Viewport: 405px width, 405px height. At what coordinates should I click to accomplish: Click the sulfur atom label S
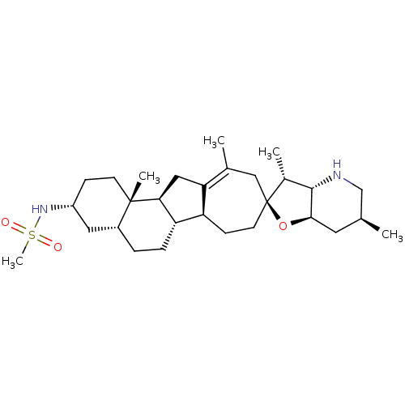click(x=32, y=235)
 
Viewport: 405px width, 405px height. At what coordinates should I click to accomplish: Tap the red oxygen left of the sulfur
click(x=6, y=223)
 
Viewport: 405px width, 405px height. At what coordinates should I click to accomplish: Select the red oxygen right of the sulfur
click(x=58, y=247)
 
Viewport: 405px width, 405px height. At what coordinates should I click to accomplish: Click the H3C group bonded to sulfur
click(x=12, y=262)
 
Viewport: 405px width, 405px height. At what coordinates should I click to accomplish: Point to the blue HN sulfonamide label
click(x=40, y=209)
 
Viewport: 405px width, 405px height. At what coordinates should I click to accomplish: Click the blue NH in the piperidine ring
click(x=337, y=169)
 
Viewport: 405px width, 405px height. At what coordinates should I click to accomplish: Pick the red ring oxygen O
click(x=283, y=226)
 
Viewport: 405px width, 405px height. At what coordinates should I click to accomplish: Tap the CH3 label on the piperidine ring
click(x=392, y=235)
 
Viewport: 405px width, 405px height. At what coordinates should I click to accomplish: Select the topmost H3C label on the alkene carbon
click(x=214, y=141)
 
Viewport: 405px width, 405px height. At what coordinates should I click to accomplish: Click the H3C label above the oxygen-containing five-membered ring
click(x=269, y=153)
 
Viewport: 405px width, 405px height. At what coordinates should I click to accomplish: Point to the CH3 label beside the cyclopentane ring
click(x=149, y=177)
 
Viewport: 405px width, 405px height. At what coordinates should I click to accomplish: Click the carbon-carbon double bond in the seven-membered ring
click(x=215, y=177)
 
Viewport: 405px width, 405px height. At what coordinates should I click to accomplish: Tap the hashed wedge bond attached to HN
click(x=62, y=207)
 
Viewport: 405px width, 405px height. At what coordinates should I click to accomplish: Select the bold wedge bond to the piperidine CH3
click(x=370, y=224)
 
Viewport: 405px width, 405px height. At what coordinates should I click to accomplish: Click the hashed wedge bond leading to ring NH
click(x=322, y=183)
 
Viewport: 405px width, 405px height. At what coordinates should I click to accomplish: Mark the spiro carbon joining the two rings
click(x=266, y=202)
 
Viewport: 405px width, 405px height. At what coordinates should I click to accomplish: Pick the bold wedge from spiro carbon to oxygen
click(x=273, y=211)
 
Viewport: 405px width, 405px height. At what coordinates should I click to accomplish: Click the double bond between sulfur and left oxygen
click(x=19, y=228)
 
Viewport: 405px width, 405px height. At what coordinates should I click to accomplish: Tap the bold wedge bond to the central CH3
click(x=135, y=192)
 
